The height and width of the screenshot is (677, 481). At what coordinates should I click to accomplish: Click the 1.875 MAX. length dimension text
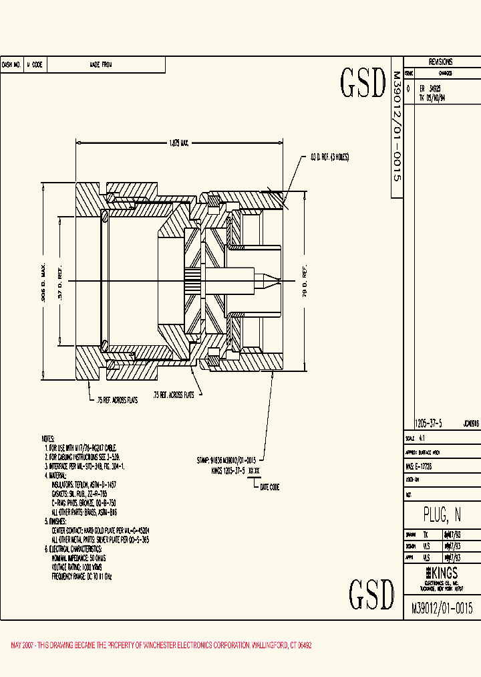click(x=178, y=142)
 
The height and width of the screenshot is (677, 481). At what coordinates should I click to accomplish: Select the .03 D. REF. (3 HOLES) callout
click(x=329, y=157)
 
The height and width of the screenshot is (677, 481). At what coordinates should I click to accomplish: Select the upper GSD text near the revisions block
click(x=363, y=83)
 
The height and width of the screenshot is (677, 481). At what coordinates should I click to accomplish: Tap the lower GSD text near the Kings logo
click(x=371, y=593)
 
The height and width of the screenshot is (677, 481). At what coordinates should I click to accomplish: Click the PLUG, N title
click(x=442, y=514)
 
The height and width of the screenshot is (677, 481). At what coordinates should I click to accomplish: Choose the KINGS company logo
click(x=442, y=573)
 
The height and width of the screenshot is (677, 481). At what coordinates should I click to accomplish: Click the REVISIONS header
click(x=441, y=62)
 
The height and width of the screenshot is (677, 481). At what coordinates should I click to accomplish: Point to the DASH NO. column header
click(x=11, y=65)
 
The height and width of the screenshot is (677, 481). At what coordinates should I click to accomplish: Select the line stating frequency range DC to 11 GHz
click(x=83, y=576)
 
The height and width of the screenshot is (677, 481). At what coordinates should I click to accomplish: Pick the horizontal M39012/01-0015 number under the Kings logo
click(x=442, y=608)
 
